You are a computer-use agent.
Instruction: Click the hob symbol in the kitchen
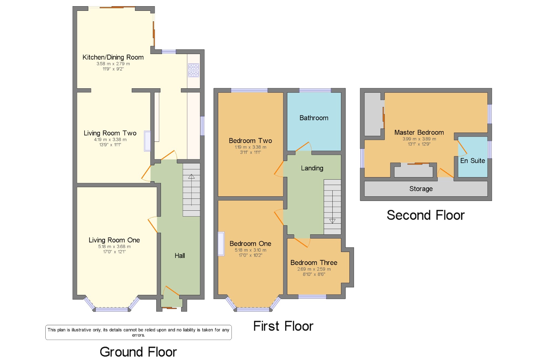(x=194, y=70)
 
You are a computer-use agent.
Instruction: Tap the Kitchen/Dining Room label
(x=113, y=57)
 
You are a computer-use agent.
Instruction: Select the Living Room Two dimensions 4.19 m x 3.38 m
(x=110, y=140)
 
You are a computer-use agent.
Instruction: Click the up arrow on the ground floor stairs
(x=191, y=177)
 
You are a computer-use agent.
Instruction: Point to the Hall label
(x=180, y=255)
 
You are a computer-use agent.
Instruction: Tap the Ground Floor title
(x=138, y=352)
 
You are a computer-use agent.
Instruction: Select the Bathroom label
(x=314, y=118)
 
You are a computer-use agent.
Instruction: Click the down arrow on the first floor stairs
(x=332, y=221)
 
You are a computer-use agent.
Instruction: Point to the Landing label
(x=312, y=168)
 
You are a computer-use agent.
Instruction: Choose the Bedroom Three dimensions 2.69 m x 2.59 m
(x=314, y=269)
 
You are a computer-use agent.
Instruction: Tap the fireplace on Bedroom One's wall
(x=221, y=244)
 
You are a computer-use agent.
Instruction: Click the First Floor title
(x=283, y=326)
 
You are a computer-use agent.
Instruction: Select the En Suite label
(x=473, y=161)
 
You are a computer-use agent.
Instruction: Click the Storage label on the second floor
(x=421, y=189)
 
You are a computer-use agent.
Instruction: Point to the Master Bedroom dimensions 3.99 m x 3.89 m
(x=419, y=139)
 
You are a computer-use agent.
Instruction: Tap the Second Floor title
(x=426, y=215)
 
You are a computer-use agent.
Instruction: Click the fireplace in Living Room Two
(x=147, y=141)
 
